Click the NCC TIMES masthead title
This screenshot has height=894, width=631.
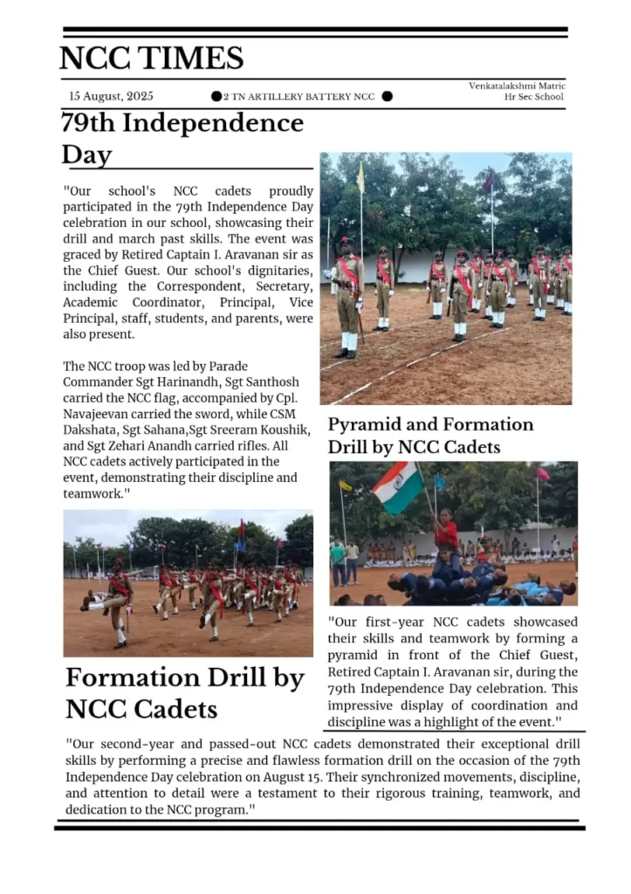click(151, 58)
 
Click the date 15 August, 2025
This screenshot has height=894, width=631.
click(111, 96)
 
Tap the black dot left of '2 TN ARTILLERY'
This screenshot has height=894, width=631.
click(216, 96)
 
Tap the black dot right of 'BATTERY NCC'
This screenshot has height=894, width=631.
click(387, 96)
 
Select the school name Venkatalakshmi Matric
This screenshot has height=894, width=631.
click(517, 86)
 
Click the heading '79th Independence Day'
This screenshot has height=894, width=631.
click(182, 138)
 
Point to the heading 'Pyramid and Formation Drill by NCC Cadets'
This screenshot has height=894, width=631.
click(430, 435)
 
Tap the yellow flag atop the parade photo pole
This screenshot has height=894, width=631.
click(360, 177)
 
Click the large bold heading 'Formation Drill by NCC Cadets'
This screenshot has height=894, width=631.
click(185, 691)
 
